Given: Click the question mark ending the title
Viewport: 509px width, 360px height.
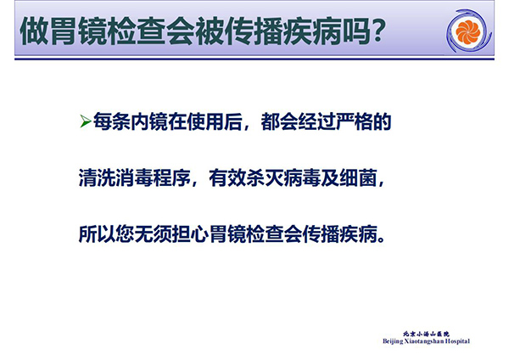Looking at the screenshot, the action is coord(377,31).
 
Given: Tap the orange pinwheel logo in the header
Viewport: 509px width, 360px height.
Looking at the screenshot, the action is coord(467,32).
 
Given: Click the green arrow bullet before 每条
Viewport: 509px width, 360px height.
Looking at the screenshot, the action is coord(85,121).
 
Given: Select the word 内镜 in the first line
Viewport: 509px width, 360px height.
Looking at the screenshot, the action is coord(148,121).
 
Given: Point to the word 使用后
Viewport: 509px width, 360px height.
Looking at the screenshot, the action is coord(215,121).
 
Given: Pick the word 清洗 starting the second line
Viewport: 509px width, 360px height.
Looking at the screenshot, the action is coord(97,177).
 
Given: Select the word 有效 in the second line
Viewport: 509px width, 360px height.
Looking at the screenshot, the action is coord(227,177).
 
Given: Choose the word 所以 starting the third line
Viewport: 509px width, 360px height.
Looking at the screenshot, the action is coord(97,233).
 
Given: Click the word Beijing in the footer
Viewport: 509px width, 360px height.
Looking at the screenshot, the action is coord(393,341).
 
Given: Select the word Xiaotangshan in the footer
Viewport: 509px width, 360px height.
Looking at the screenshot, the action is coord(424,341).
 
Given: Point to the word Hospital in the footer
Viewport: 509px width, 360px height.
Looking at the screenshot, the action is coord(457,341).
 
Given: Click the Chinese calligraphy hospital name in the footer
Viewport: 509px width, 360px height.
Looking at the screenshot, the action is coord(426,334).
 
